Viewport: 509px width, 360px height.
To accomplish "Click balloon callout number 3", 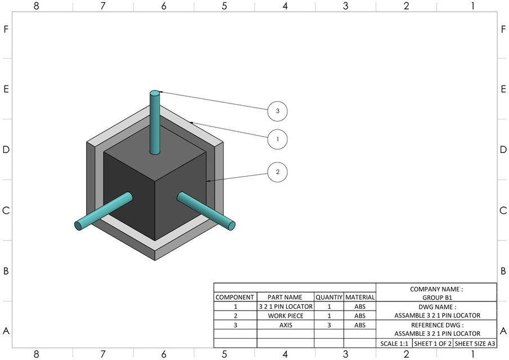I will [x=277, y=111].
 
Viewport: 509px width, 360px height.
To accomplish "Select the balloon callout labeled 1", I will [x=277, y=138].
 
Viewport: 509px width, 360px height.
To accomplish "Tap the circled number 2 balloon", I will [x=277, y=172].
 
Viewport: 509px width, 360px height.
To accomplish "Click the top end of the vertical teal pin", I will [x=155, y=93].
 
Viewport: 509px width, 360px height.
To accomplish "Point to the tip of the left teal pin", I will [x=79, y=226].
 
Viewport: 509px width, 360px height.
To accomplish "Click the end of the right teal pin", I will [x=231, y=225].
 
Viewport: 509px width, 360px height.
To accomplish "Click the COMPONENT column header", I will [x=235, y=297].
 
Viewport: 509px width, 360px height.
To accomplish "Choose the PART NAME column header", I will [x=285, y=297].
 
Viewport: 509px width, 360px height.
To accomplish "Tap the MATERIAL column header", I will [x=359, y=297].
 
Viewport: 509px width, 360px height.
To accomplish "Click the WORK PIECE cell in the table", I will [x=285, y=316].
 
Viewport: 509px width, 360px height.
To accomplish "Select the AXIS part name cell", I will [x=285, y=325].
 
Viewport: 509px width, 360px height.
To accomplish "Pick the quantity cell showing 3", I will [x=328, y=325].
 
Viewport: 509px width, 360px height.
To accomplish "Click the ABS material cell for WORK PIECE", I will [x=359, y=316].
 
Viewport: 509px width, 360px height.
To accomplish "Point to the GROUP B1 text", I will [x=436, y=298].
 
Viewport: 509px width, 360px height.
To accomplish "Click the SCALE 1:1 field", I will [x=394, y=343].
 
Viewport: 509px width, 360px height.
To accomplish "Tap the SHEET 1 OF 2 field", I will [x=432, y=343].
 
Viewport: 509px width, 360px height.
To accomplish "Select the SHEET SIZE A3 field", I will [x=475, y=343].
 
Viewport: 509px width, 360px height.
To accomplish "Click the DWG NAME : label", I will [x=436, y=307].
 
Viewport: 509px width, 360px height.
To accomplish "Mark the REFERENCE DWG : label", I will [x=436, y=325].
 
